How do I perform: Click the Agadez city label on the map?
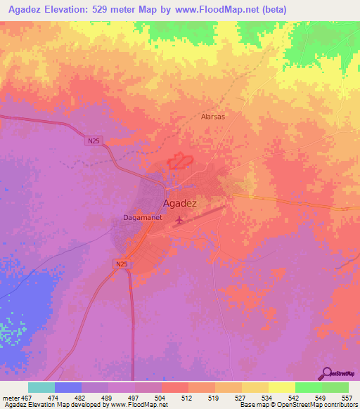pos(179,203)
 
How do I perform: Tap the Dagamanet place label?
pos(138,218)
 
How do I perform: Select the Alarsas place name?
pos(212,117)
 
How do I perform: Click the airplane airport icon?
pos(179,221)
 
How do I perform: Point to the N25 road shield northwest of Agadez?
pos(94,141)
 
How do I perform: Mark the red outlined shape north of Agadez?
pos(180,161)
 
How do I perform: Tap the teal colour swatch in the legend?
pos(41,387)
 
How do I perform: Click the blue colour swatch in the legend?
pos(68,387)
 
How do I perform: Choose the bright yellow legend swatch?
pos(281,387)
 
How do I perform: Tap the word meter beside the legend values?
pos(11,398)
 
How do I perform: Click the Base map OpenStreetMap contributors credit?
pos(298,405)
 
